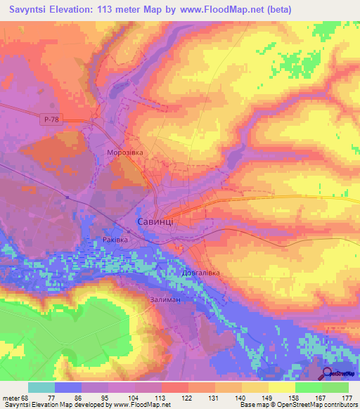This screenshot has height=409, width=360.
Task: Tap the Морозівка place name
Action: pyautogui.click(x=125, y=152)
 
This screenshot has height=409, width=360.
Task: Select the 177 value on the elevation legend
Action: pyautogui.click(x=346, y=397)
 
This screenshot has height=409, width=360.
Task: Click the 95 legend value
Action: pyautogui.click(x=105, y=397)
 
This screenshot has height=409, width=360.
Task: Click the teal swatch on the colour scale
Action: pyautogui.click(x=41, y=387)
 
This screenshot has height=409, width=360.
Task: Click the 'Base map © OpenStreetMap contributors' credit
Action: pyautogui.click(x=297, y=405)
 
